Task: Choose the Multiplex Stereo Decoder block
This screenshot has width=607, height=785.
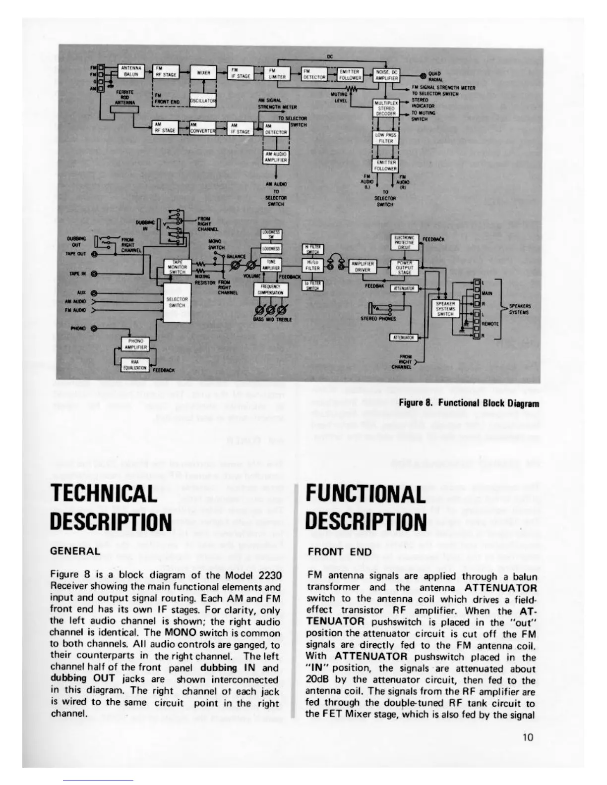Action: tap(385, 108)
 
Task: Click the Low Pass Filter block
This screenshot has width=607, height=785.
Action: tap(385, 138)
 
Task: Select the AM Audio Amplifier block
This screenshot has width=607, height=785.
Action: tap(276, 157)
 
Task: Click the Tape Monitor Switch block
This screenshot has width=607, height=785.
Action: tap(177, 266)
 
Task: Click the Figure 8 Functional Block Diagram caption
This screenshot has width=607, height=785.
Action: tap(469, 403)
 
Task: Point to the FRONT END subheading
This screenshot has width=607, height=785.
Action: tap(339, 552)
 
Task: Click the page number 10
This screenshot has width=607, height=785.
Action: tap(528, 737)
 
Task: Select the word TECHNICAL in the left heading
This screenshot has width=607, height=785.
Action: tap(104, 494)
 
